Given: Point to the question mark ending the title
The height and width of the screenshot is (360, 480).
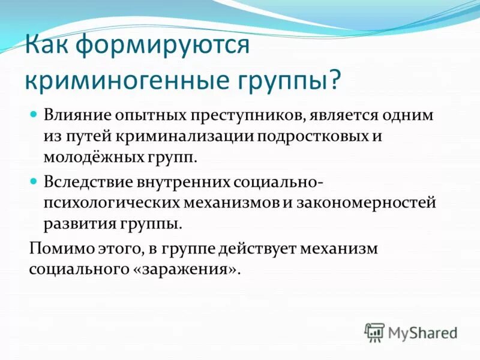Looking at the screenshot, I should click(x=333, y=80).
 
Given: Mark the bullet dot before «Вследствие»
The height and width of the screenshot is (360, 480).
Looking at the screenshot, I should click(x=34, y=179).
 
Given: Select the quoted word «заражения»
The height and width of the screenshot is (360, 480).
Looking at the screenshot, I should click(x=184, y=269).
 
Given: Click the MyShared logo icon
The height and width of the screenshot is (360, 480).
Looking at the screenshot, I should click(x=374, y=331).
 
